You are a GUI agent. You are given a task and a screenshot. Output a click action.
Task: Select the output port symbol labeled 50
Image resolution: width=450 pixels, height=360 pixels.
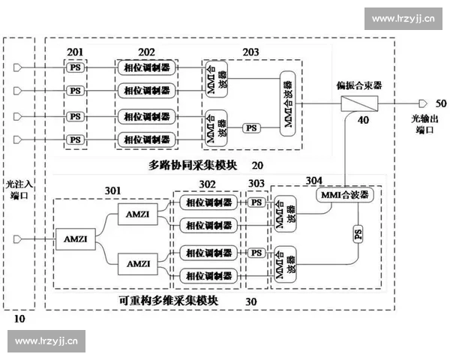coord(423,103)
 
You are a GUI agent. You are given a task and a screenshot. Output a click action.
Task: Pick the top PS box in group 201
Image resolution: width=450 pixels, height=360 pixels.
coord(75,67)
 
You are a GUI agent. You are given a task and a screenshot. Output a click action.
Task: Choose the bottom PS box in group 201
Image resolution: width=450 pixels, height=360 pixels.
coord(75,139)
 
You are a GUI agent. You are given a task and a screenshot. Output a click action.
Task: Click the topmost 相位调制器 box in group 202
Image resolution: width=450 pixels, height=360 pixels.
coord(146,67)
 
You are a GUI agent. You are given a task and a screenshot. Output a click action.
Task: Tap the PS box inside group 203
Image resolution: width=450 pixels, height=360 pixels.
coord(251,128)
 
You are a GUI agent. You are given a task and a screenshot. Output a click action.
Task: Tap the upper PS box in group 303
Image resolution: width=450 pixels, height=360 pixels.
coord(256,202)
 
